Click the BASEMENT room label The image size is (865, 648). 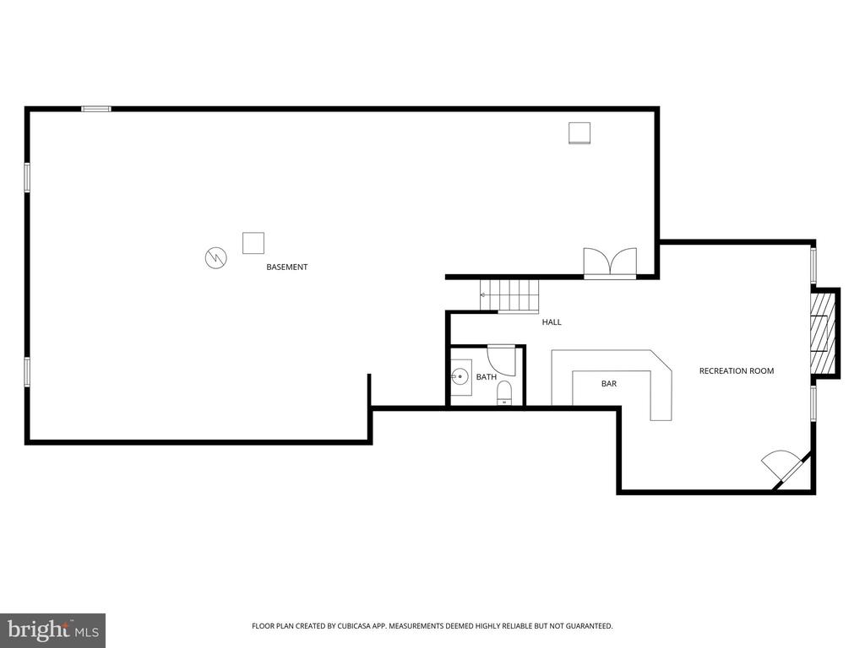click(x=287, y=267)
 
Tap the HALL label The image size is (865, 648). click(x=552, y=322)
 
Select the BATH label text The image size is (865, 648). click(x=486, y=377)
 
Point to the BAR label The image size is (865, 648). click(x=609, y=384)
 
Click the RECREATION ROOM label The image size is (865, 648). click(x=737, y=371)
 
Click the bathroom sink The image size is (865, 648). click(x=460, y=377)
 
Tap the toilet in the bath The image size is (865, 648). click(x=505, y=393)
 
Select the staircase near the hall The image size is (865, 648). click(x=509, y=296)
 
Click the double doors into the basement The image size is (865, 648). click(x=610, y=263)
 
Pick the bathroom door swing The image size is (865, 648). click(x=502, y=359)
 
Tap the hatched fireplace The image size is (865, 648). click(x=819, y=332)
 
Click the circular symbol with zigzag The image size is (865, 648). click(x=216, y=257)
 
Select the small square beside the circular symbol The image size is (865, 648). click(x=253, y=243)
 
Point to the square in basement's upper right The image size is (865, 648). click(x=579, y=133)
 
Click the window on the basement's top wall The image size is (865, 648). click(x=96, y=109)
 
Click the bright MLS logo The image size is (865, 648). click(x=53, y=630)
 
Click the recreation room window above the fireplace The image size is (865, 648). click(x=813, y=266)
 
